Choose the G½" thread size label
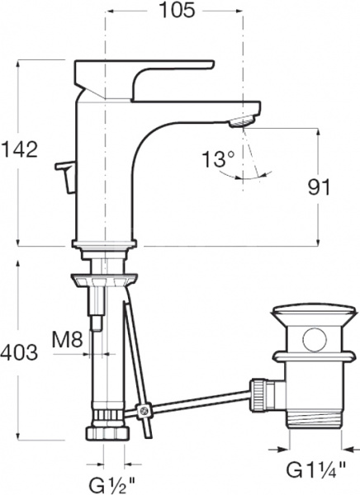pyautogui.click(x=112, y=478)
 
